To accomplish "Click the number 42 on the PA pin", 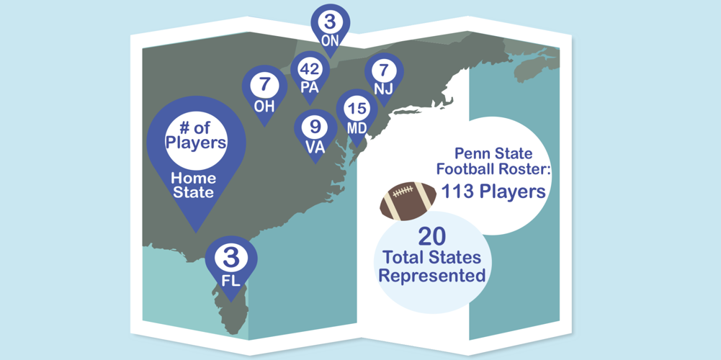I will click(310, 70).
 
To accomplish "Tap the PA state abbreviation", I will click(310, 86).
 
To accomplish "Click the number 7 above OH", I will click(265, 85).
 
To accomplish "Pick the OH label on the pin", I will click(264, 105).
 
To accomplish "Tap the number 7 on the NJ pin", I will click(383, 71).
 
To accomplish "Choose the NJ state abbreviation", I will click(383, 90).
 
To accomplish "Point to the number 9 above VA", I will click(315, 127).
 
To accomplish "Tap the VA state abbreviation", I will click(315, 145).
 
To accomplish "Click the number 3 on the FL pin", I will click(231, 258).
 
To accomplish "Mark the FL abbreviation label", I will click(231, 280).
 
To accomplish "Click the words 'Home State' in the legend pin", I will click(193, 185).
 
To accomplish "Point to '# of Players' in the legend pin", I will click(196, 134).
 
